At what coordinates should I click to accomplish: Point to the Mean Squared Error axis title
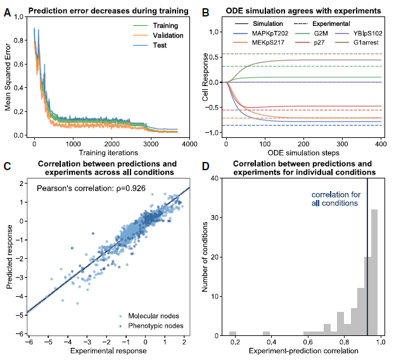pyautogui.click(x=8, y=78)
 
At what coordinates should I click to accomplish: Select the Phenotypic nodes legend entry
pyautogui.click(x=154, y=325)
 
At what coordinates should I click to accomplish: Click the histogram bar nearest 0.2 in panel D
pyautogui.click(x=233, y=333)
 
